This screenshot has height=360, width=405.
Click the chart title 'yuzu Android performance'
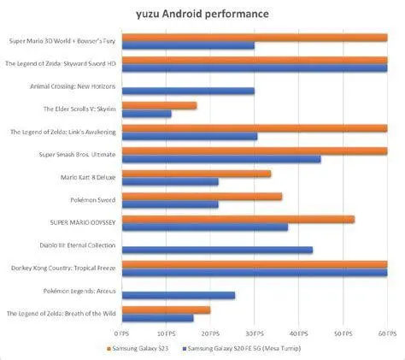click(x=202, y=15)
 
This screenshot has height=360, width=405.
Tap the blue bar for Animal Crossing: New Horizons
click(x=189, y=91)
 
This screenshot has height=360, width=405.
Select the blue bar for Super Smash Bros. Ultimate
click(x=222, y=159)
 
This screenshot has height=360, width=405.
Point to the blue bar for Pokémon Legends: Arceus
click(x=179, y=295)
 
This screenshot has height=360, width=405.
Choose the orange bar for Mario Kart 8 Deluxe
click(x=197, y=174)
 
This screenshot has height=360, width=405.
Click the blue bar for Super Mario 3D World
click(x=189, y=45)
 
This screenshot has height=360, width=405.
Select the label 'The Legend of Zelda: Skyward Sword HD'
click(x=61, y=63)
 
